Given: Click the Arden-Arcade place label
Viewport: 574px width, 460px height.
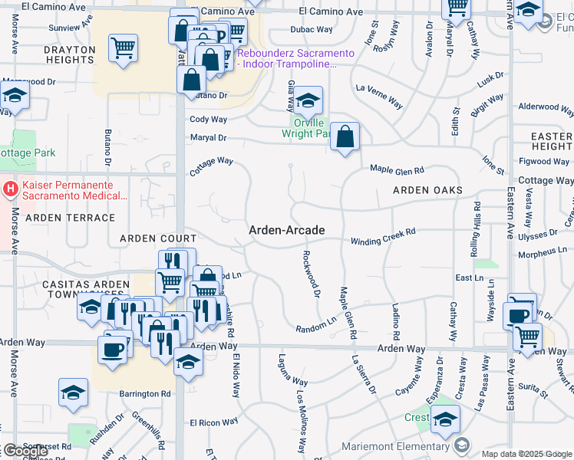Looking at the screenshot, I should pyautogui.click(x=286, y=230).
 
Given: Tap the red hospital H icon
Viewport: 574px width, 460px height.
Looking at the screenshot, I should pyautogui.click(x=10, y=188).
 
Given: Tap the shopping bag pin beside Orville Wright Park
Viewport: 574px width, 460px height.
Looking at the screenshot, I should pyautogui.click(x=346, y=137).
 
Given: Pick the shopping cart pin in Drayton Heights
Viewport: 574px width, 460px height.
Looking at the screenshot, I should pyautogui.click(x=123, y=49).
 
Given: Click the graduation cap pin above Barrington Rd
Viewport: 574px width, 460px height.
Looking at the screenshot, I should pyautogui.click(x=73, y=393).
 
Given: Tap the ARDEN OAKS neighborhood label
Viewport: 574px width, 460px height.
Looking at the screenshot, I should pyautogui.click(x=427, y=190).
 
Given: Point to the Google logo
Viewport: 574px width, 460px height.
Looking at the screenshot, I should pyautogui.click(x=25, y=451).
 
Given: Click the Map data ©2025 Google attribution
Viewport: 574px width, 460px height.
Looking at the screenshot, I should pyautogui.click(x=526, y=454).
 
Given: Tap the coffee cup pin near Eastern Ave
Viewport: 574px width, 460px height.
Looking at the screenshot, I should pyautogui.click(x=516, y=315).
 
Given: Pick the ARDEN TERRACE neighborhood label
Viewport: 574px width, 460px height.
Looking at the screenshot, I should pyautogui.click(x=59, y=218).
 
